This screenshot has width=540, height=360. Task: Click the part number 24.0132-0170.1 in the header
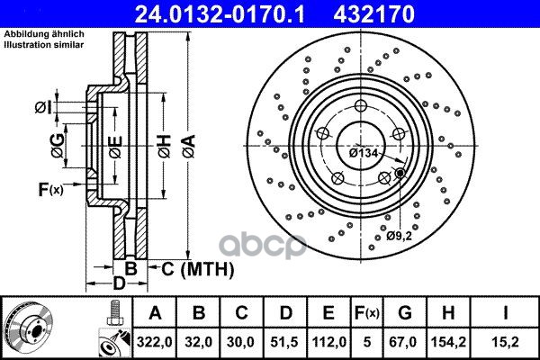(220, 14)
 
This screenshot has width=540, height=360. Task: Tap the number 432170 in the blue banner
(374, 14)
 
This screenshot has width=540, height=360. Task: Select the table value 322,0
(154, 342)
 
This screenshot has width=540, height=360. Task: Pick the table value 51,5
(284, 342)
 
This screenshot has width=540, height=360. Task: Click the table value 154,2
(448, 342)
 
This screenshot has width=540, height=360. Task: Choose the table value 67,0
(405, 342)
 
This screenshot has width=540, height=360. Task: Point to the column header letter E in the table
(328, 313)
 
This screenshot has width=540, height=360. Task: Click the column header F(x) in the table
(367, 313)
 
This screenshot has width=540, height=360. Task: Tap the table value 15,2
(506, 342)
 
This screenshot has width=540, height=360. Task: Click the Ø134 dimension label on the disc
(364, 153)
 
